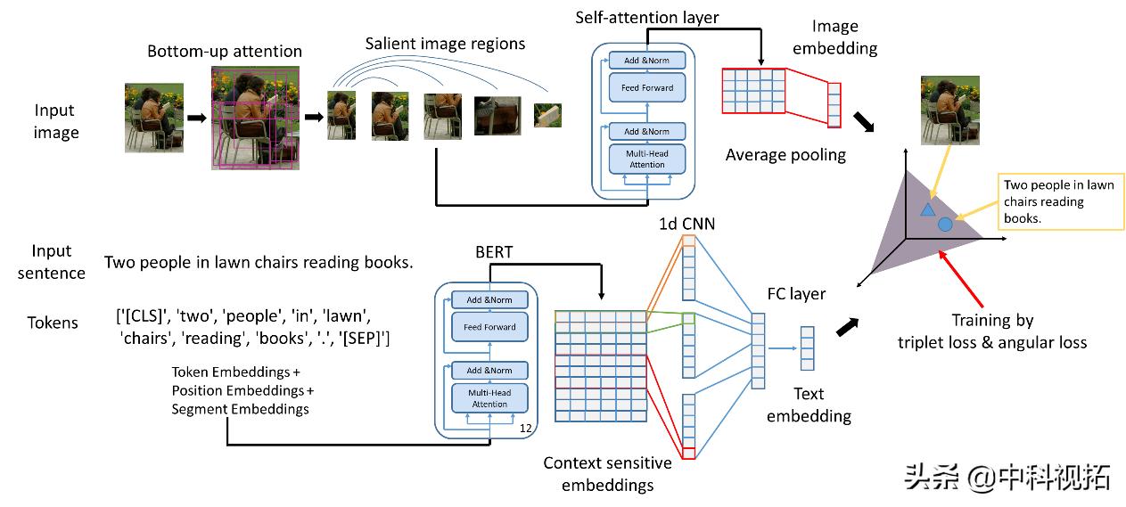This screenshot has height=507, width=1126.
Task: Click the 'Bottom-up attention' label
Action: (x=225, y=52)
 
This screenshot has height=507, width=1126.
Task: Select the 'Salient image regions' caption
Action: (x=445, y=43)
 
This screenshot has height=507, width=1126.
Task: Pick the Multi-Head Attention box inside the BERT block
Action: (x=489, y=398)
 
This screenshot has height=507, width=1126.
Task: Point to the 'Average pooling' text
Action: (x=785, y=155)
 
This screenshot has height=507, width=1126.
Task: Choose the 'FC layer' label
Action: (x=796, y=293)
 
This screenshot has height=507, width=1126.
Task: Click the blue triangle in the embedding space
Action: (x=927, y=210)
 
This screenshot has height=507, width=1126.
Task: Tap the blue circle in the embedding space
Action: (x=946, y=225)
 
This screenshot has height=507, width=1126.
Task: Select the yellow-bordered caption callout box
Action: (x=1061, y=201)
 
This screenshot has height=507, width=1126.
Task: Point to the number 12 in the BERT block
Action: (x=525, y=429)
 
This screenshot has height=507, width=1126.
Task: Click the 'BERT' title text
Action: (x=494, y=252)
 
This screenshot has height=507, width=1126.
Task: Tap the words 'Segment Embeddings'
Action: (x=240, y=409)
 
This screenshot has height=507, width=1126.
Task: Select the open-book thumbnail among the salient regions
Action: (x=547, y=115)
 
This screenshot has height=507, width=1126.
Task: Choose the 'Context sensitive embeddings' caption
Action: (x=607, y=474)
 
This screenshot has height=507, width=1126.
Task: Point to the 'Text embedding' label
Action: (x=809, y=405)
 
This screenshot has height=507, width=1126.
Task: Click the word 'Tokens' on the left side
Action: (x=53, y=323)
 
